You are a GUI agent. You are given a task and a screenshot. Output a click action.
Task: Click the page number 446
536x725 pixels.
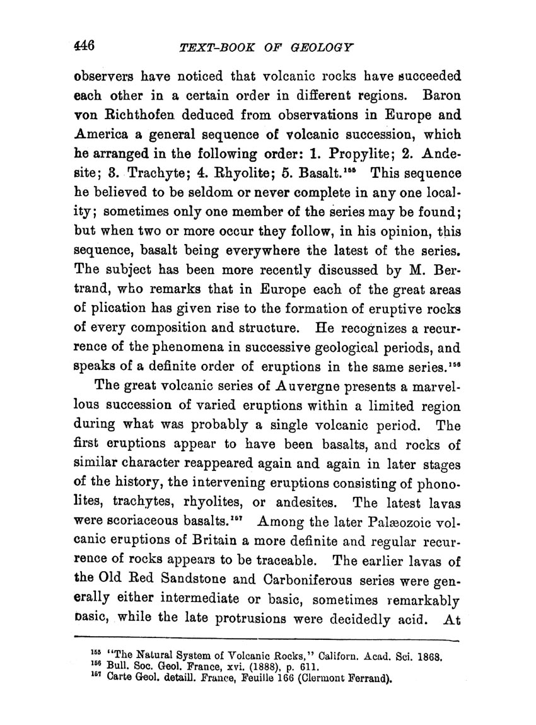pyautogui.click(x=84, y=46)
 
